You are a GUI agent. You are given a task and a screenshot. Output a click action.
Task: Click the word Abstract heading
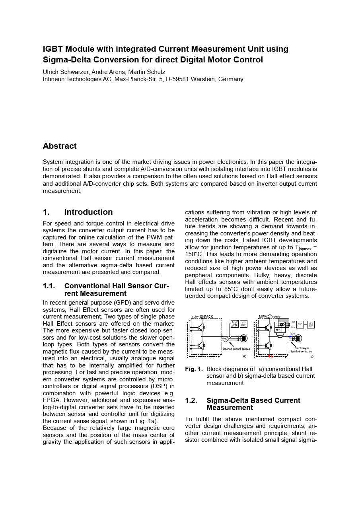click(x=60, y=146)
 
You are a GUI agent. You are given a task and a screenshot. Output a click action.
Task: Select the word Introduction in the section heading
click(x=88, y=212)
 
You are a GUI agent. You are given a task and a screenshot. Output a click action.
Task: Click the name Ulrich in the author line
click(x=52, y=72)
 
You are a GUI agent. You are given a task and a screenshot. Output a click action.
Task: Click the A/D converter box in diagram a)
click(x=235, y=324)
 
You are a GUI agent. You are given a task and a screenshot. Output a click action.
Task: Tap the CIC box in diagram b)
click(x=300, y=324)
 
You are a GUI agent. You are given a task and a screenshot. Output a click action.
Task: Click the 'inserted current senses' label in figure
click(x=236, y=349)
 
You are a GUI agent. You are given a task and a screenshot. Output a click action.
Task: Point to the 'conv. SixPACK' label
click(x=202, y=317)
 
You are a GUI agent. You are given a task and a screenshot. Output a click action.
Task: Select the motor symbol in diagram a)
click(x=243, y=338)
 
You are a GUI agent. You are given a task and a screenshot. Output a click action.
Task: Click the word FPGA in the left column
click(x=51, y=400)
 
